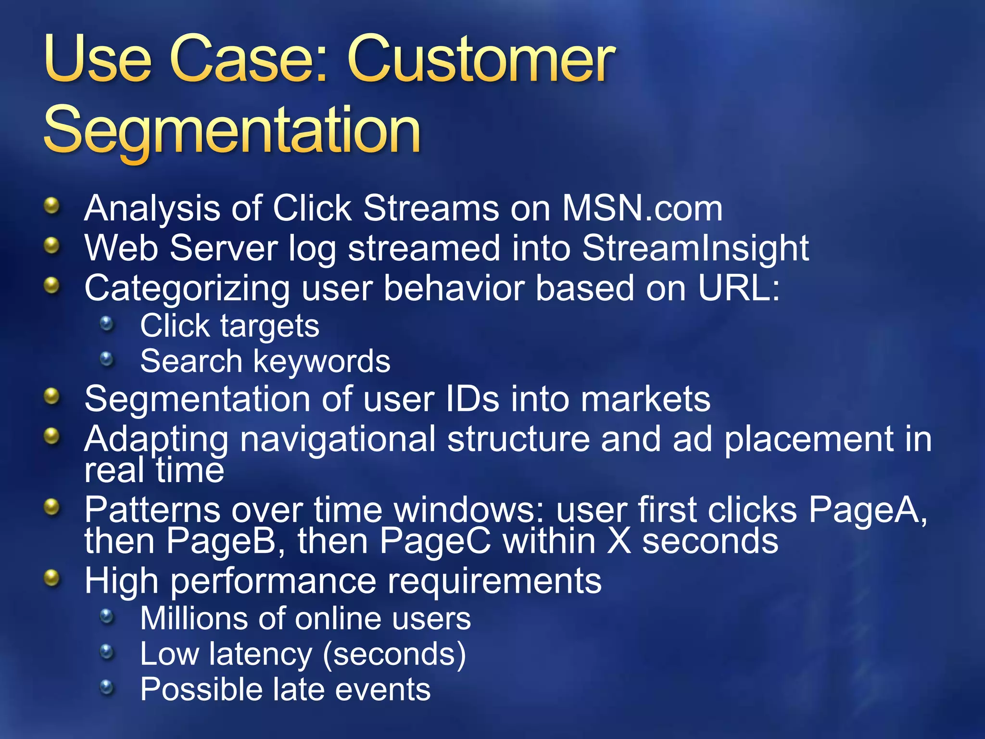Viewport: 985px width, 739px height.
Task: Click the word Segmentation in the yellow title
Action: pyautogui.click(x=232, y=131)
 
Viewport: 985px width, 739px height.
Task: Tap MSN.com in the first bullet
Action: pyautogui.click(x=642, y=209)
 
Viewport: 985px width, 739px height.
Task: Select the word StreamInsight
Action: pyautogui.click(x=695, y=249)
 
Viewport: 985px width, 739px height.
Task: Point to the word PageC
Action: pyautogui.click(x=435, y=541)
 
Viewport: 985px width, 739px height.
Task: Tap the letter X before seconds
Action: pyautogui.click(x=619, y=541)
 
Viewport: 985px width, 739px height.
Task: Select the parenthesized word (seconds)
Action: pyautogui.click(x=394, y=655)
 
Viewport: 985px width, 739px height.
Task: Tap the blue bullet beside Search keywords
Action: pyautogui.click(x=107, y=359)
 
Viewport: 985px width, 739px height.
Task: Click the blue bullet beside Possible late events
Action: pyautogui.click(x=107, y=688)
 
